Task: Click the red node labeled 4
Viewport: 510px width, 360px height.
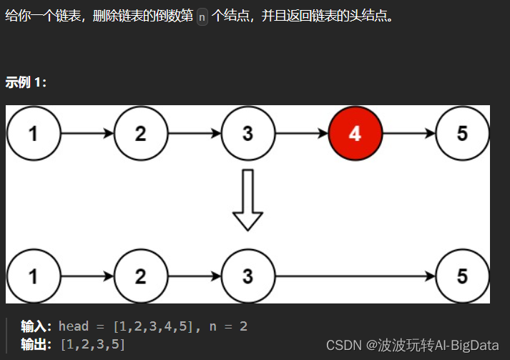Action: [355, 134]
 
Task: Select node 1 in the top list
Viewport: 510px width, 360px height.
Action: [34, 134]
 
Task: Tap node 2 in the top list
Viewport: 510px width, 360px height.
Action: [140, 134]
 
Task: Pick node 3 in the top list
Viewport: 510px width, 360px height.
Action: [247, 134]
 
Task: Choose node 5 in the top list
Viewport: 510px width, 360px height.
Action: [462, 134]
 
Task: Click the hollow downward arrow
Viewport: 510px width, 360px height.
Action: [247, 200]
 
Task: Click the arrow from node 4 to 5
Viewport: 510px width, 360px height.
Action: [408, 134]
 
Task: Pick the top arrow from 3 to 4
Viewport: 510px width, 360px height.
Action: [301, 134]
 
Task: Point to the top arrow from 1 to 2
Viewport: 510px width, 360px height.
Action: [87, 134]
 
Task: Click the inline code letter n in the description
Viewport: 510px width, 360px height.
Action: [202, 16]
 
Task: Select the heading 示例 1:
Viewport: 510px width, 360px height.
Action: [26, 82]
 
